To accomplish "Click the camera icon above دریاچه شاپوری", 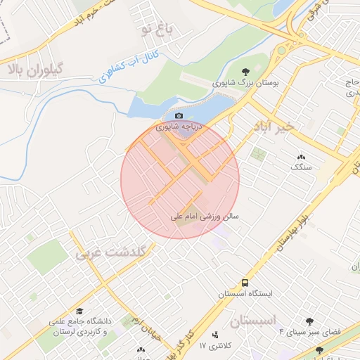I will (179, 116).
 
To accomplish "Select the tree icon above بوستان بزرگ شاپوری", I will (245, 72).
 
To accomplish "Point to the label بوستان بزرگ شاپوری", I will (246, 82).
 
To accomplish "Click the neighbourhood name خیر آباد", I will (270, 126).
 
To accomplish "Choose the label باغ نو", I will (155, 29).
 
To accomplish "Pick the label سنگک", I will (301, 167).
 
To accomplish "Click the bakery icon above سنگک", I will (302, 157).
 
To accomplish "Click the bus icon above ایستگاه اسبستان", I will (244, 282).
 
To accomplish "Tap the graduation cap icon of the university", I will (79, 310).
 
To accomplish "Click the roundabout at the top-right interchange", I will (282, 50).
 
